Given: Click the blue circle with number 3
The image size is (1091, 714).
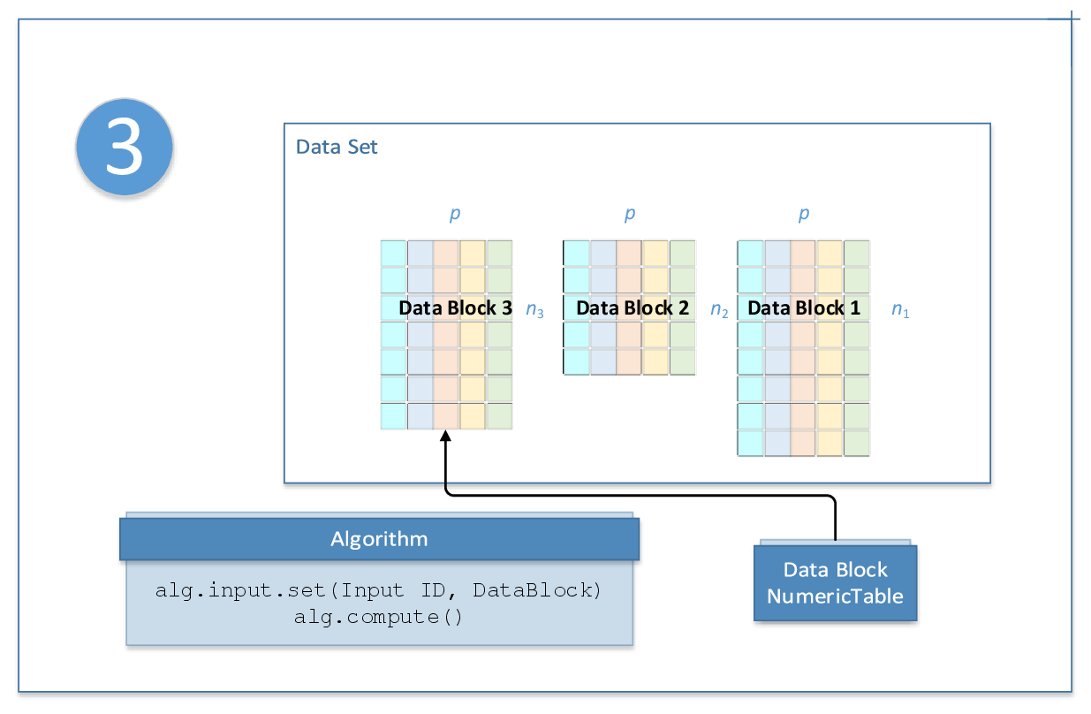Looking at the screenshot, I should click(124, 148).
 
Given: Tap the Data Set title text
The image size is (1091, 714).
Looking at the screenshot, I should click(337, 147).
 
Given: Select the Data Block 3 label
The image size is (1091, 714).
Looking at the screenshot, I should click(455, 308).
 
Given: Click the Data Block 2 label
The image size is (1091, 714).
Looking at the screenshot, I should click(633, 308).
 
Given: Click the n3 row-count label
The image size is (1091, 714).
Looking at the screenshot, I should click(535, 310).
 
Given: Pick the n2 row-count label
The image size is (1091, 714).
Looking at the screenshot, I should click(719, 310).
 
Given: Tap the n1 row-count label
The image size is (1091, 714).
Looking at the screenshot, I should click(900, 310).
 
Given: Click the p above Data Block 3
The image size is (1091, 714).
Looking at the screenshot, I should click(455, 214).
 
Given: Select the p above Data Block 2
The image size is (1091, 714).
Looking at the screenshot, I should click(629, 214).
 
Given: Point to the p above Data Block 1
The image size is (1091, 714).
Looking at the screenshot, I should click(803, 214).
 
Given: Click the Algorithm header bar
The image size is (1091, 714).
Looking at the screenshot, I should click(379, 539).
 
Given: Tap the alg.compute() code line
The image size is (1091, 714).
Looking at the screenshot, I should click(379, 617).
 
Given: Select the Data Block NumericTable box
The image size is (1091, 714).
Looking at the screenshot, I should click(835, 583).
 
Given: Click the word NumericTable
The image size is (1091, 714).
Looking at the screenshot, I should click(835, 596).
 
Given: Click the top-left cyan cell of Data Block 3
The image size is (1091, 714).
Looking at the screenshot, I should click(393, 253).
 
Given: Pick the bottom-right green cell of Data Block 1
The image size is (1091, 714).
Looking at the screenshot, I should click(857, 443).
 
